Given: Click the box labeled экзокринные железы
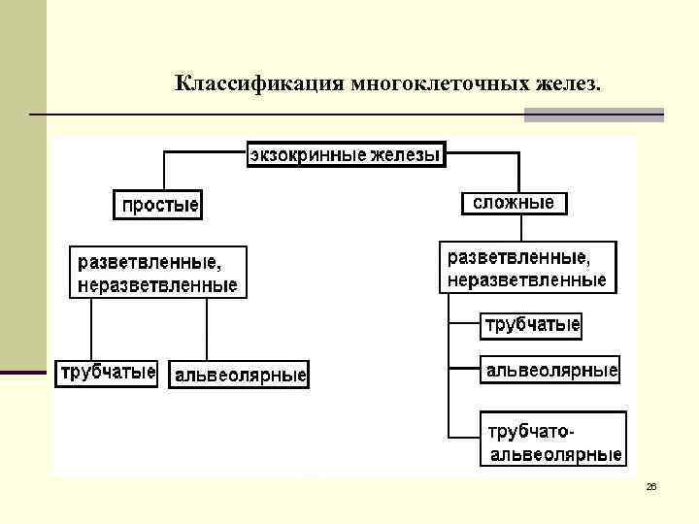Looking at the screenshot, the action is (x=346, y=154).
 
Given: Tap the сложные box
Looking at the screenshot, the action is (x=514, y=203).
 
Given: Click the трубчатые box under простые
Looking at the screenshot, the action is (x=108, y=373).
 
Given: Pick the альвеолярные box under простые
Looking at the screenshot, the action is (x=240, y=375).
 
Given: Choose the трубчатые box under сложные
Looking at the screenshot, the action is (x=532, y=324).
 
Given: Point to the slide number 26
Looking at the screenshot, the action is (x=651, y=486).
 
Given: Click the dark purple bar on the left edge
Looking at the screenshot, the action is (x=23, y=373).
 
